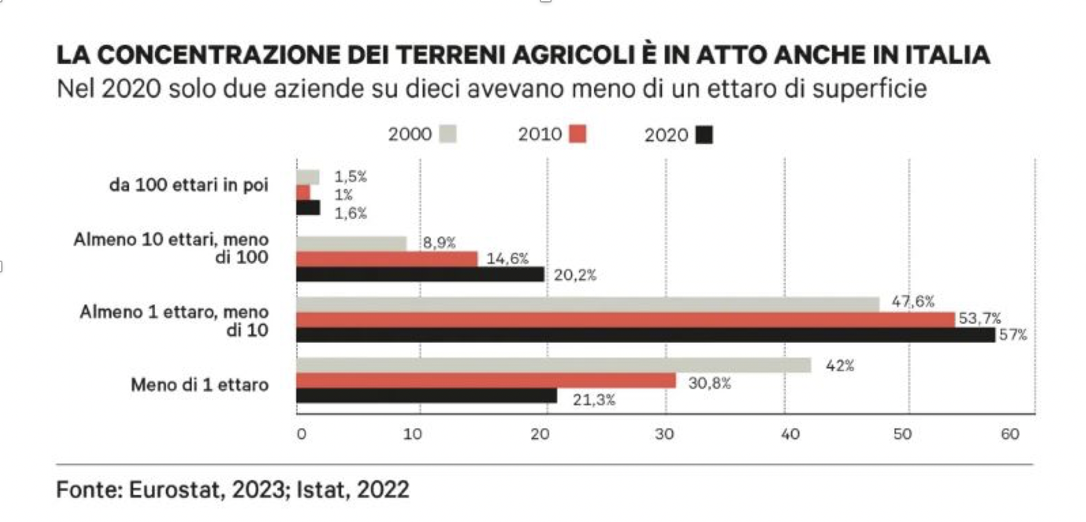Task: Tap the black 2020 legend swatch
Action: click(x=704, y=134)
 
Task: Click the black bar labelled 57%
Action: click(x=646, y=335)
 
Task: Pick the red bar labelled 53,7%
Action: click(x=626, y=320)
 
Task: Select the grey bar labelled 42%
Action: click(x=553, y=366)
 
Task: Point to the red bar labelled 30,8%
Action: click(x=486, y=381)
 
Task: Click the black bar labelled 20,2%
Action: click(x=420, y=275)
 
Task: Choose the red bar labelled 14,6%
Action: click(x=387, y=259)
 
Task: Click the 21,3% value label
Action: click(x=594, y=399)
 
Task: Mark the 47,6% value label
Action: click(x=913, y=302)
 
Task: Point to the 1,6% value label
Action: click(x=350, y=213)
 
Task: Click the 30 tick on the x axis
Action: click(x=665, y=435)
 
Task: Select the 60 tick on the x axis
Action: click(x=1010, y=435)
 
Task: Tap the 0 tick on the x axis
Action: click(x=301, y=435)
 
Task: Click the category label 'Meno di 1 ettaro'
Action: click(x=200, y=385)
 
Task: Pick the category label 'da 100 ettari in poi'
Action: click(x=189, y=185)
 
